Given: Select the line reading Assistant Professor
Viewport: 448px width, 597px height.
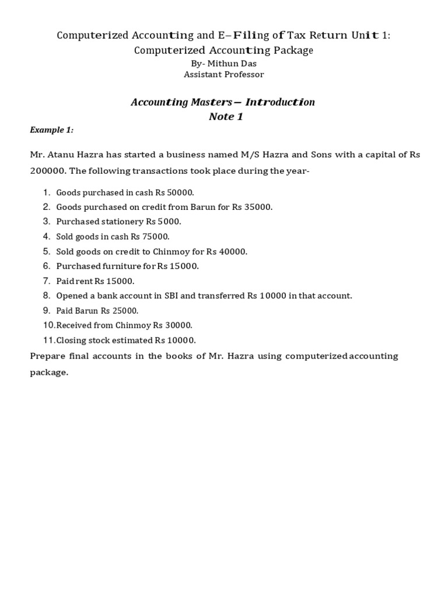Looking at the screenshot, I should click(224, 75).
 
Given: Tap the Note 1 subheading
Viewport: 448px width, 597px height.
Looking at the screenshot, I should click(226, 117).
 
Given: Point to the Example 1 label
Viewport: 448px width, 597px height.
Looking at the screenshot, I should click(52, 130).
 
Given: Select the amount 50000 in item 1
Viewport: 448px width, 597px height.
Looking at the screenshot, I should click(180, 192).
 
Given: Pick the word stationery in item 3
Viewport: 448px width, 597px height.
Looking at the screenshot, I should click(120, 222).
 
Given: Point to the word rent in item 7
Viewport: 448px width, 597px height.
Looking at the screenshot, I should click(86, 281).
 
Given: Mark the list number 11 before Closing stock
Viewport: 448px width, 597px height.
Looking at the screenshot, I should click(48, 340).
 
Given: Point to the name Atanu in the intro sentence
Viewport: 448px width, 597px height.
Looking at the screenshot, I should click(63, 155).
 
